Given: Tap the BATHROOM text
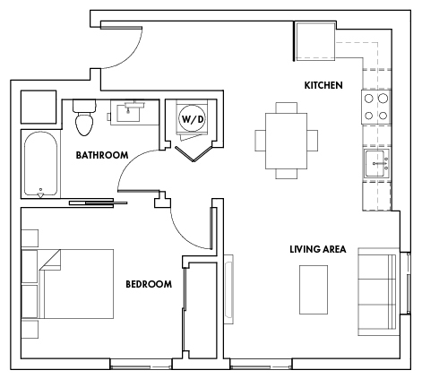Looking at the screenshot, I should point(102,155).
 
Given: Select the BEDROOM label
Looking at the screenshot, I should point(148,284).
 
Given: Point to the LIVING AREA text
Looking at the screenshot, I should point(317,248).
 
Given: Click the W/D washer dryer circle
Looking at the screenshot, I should point(192,117).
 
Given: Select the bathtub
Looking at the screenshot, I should point(40,165).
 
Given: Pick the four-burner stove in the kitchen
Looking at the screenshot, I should point(375,108).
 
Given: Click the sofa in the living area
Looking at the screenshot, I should point(376,289).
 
